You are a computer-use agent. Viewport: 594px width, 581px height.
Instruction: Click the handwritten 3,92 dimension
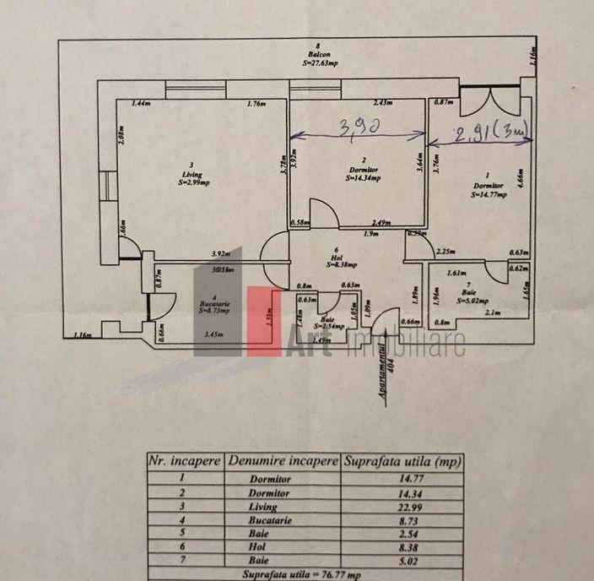click(x=358, y=128)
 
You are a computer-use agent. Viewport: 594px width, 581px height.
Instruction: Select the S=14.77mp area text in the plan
click(x=489, y=194)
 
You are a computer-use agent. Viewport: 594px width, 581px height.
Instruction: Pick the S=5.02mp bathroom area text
click(x=473, y=300)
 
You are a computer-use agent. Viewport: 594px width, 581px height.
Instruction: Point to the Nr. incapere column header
click(x=185, y=461)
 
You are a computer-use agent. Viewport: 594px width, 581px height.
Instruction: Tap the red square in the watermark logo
click(x=263, y=321)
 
